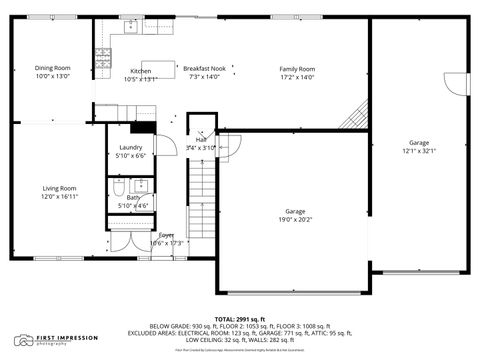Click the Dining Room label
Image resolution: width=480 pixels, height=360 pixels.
pos(54,68)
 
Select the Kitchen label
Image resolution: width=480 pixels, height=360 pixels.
pos(140,71)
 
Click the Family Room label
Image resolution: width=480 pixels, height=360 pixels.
pos(296,68)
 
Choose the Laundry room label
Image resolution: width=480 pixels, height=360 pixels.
pos(131,147)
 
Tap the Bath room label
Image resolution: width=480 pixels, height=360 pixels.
pos(133,197)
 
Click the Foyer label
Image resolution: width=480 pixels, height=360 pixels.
pos(167,235)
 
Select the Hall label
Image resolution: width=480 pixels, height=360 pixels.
pos(200,139)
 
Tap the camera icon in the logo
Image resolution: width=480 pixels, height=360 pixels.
pos(22,340)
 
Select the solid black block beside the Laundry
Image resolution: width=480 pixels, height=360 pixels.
pos(145,127)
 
